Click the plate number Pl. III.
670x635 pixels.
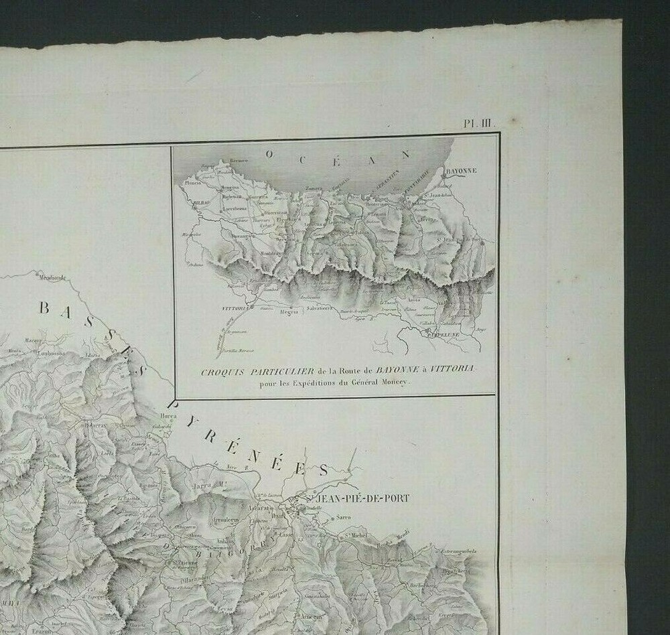pyautogui.click(x=478, y=123)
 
